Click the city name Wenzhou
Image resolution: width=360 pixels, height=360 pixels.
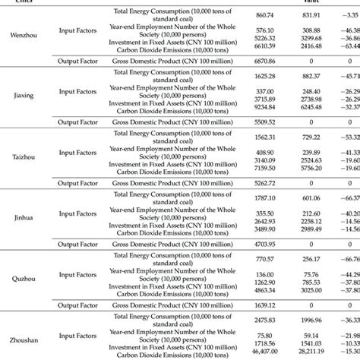[x=21, y=35]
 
